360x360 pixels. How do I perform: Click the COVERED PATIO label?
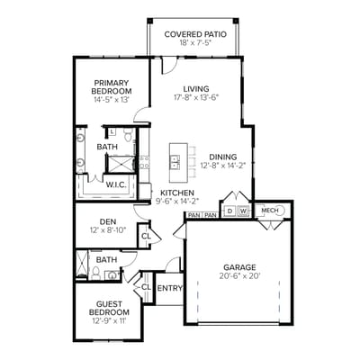195,34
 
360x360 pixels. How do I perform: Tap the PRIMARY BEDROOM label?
112,86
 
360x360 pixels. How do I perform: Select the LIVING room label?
195,88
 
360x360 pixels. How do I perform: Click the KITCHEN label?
176,193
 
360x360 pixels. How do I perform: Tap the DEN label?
108,220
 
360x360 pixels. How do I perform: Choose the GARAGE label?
239,266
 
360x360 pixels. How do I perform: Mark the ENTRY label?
169,289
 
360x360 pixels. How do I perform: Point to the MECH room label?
269,211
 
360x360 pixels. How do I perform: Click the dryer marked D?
230,211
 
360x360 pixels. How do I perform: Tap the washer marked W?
243,211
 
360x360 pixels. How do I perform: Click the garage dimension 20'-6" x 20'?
239,276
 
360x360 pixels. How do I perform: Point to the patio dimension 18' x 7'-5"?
195,43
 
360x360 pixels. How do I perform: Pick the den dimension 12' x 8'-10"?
109,230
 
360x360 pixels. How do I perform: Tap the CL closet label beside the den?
146,236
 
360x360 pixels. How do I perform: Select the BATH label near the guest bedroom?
107,260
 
